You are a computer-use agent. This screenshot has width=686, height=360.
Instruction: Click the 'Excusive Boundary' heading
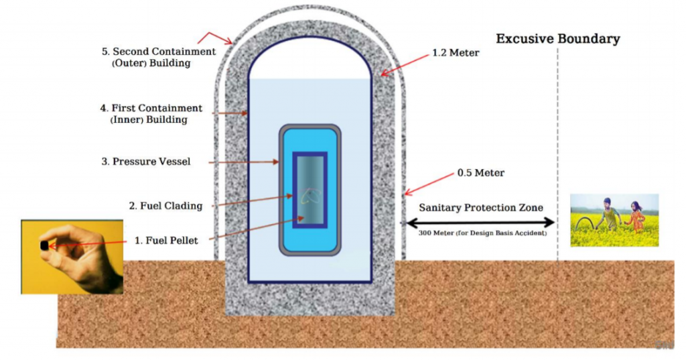[x=557, y=39]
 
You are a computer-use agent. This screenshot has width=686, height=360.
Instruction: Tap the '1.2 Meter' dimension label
[x=456, y=53]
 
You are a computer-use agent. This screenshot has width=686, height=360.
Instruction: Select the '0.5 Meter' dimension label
[x=480, y=173]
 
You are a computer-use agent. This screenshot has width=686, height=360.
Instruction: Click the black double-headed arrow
[x=478, y=222]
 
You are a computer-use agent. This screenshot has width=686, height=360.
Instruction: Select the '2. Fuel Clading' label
[x=165, y=206]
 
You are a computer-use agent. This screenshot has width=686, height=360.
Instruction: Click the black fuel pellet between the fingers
[x=44, y=245]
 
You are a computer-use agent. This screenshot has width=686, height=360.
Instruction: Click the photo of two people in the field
[x=614, y=220]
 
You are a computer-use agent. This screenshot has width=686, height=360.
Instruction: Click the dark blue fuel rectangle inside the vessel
[x=310, y=190]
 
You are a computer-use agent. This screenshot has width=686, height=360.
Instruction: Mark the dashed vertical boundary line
[x=557, y=154]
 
